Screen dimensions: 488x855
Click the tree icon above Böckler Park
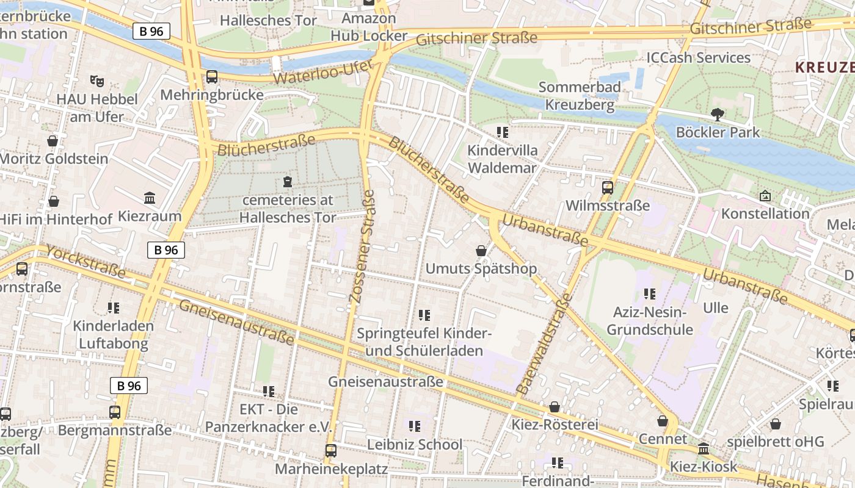coord(718,114)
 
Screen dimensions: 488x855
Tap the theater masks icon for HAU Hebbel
coord(96,80)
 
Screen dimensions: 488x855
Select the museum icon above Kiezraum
coord(150,198)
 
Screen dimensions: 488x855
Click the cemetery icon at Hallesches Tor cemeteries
coord(288,181)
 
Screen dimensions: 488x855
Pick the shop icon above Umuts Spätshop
coord(481,250)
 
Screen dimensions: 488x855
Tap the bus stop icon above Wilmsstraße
coord(607,187)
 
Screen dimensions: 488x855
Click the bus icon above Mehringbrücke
coord(211,77)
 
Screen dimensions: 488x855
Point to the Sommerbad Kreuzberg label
coord(580,96)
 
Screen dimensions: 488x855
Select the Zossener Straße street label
coord(362,246)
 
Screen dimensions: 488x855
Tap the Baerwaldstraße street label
coord(544,343)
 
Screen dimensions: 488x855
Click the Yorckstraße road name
coord(85,262)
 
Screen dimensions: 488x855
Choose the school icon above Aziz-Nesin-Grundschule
coord(649,294)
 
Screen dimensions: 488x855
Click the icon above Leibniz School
coord(415,426)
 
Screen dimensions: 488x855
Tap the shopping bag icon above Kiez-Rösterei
coord(555,406)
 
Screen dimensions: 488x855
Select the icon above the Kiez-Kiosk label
coord(704,449)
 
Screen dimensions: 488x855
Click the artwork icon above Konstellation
coord(765,196)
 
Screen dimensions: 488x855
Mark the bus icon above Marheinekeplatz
coord(330,451)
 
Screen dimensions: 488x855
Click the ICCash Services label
coord(698,58)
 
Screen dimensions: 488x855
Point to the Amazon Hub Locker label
coord(368,27)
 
